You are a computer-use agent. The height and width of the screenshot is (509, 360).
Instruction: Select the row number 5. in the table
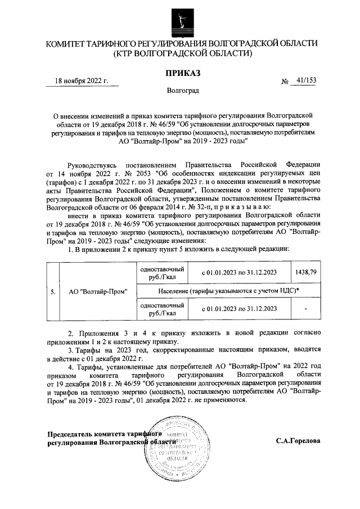tap(52, 292)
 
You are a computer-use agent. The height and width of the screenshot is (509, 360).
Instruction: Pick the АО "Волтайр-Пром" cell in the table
tap(98, 292)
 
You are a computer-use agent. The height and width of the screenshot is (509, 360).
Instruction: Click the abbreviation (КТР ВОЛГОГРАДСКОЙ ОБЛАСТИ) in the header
tap(182, 53)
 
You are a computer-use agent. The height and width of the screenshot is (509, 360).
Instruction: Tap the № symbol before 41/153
tap(285, 82)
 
